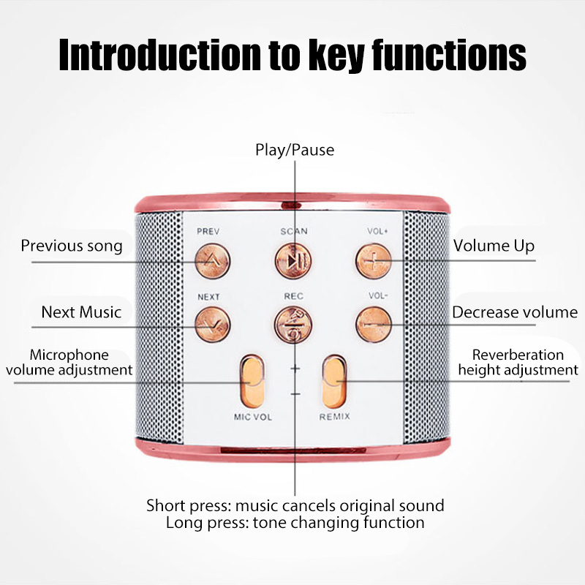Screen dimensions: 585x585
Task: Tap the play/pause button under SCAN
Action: (x=291, y=259)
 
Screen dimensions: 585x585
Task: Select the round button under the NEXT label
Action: (x=212, y=322)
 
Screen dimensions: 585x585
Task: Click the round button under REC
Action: (x=292, y=322)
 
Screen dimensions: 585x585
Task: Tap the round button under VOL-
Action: (x=372, y=322)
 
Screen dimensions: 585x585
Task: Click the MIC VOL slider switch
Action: (x=252, y=380)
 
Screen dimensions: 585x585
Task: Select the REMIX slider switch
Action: (x=334, y=380)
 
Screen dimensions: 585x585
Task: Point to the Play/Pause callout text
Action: (x=294, y=150)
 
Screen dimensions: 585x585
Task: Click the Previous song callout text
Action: (x=72, y=246)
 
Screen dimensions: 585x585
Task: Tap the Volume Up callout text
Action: (x=494, y=246)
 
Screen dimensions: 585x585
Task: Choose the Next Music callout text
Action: (x=81, y=312)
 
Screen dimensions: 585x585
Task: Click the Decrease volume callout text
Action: (x=515, y=312)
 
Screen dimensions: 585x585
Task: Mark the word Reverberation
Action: (x=518, y=355)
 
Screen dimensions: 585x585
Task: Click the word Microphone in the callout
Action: (x=69, y=355)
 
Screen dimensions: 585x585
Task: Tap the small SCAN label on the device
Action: (x=294, y=231)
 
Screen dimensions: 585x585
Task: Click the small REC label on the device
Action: (x=293, y=296)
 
